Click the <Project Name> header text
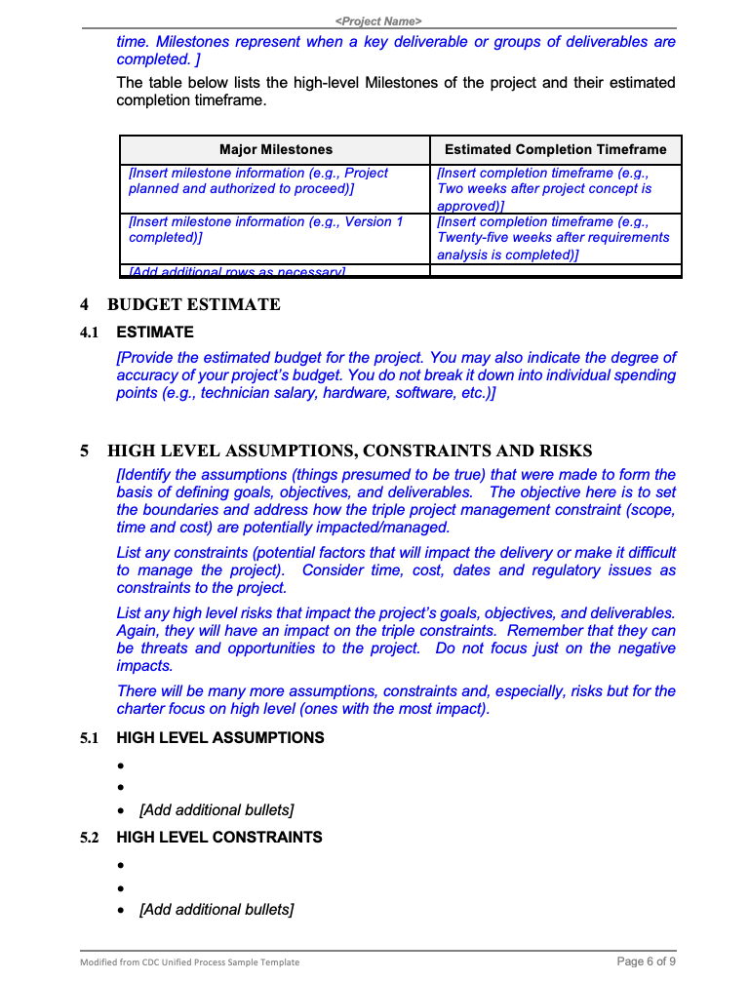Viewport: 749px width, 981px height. click(x=377, y=20)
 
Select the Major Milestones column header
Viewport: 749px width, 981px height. click(x=275, y=149)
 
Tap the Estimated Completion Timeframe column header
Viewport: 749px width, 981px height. click(x=555, y=149)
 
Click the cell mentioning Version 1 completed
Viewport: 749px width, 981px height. click(x=265, y=230)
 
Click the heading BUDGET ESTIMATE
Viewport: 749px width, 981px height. click(x=193, y=305)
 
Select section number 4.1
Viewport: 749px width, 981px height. click(x=90, y=333)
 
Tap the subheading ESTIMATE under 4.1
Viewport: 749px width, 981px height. click(x=155, y=333)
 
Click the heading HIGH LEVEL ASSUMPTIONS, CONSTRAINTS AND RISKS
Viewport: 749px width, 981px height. click(x=349, y=451)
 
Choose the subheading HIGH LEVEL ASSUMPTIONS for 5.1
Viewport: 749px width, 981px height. click(x=219, y=737)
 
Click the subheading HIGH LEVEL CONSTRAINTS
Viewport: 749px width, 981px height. click(x=218, y=837)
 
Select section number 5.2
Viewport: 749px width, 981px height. click(x=90, y=837)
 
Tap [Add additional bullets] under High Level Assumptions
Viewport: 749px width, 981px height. click(x=217, y=810)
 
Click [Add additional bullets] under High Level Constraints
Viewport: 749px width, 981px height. click(x=217, y=910)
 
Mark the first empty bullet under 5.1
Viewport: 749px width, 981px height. click(x=120, y=765)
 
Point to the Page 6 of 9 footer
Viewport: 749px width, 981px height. click(x=647, y=961)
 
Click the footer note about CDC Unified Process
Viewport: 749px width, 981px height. click(x=189, y=962)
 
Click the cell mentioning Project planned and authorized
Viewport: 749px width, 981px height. click(x=258, y=180)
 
